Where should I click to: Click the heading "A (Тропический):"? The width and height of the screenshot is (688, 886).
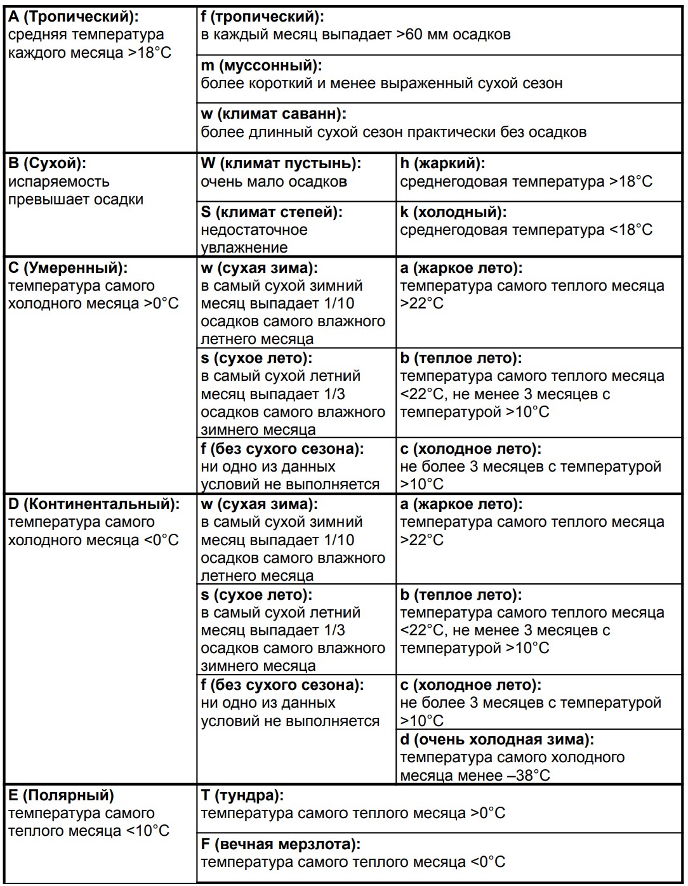(x=73, y=17)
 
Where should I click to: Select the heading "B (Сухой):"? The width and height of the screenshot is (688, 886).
(x=46, y=163)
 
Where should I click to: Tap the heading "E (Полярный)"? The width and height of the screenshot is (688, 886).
(x=61, y=795)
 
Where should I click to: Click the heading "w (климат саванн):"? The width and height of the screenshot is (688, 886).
(x=274, y=114)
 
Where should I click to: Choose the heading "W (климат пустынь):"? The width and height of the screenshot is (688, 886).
(x=281, y=163)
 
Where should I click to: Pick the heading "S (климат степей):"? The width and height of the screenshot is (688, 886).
(x=272, y=212)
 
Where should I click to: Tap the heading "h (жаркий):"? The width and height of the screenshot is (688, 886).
(x=442, y=163)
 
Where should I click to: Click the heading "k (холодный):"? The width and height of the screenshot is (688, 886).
(x=453, y=212)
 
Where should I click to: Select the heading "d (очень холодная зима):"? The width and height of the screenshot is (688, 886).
(x=497, y=739)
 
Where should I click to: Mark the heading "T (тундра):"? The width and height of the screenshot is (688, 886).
(x=242, y=795)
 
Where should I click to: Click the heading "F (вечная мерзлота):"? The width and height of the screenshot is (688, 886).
(x=281, y=845)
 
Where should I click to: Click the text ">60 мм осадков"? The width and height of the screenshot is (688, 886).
(x=453, y=34)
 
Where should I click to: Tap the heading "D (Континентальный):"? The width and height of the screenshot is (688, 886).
(x=94, y=504)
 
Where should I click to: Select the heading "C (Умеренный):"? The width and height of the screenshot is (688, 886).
(x=68, y=268)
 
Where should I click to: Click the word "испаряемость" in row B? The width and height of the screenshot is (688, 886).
(x=59, y=182)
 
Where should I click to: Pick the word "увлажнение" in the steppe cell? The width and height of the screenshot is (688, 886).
(x=244, y=248)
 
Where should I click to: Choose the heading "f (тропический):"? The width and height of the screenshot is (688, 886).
(x=262, y=17)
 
